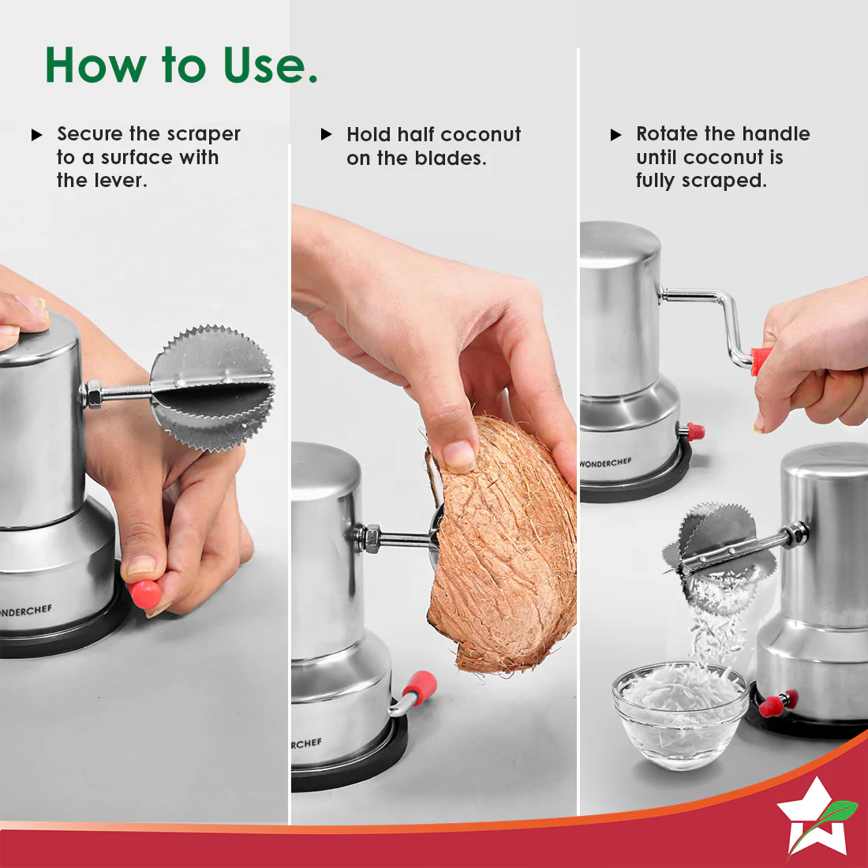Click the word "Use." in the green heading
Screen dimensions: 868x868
pos(270,65)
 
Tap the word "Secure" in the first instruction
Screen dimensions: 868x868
pos(90,133)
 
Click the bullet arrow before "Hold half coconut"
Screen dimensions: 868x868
pos(326,134)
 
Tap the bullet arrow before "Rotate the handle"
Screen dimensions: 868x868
pos(615,134)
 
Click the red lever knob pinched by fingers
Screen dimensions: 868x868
pos(145,594)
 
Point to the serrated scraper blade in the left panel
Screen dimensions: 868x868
pos(212,387)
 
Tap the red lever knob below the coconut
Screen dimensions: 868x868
pos(420,687)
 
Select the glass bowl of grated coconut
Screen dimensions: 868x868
pos(680,715)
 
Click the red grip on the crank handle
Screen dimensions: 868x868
pos(759,361)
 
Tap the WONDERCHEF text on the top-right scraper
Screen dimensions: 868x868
pos(605,462)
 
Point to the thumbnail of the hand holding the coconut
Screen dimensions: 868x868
pos(459,455)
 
